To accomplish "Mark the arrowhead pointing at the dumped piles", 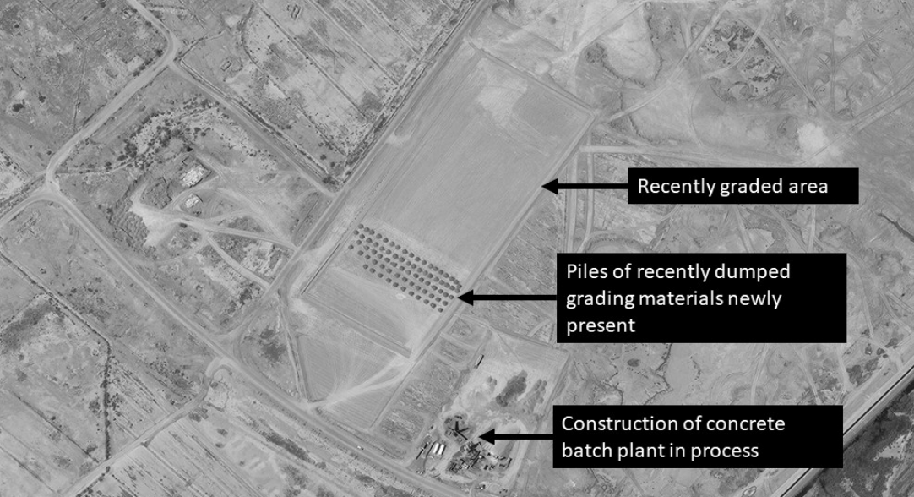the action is coord(465,298).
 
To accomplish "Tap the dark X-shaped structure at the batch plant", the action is coord(458,431).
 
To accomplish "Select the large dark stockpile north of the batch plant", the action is coord(511,389).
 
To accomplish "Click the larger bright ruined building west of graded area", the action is coord(194,174).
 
